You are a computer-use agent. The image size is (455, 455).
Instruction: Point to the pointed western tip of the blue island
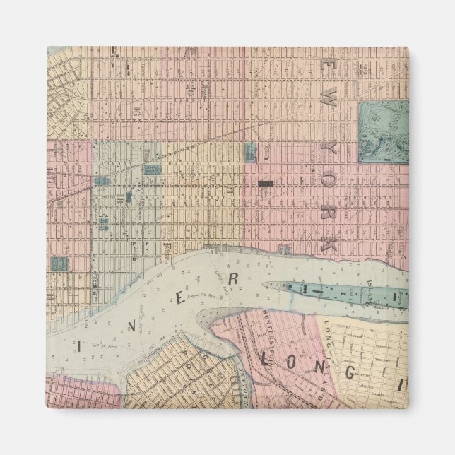pyautogui.click(x=266, y=286)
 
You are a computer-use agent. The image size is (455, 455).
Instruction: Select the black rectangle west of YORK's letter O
pyautogui.click(x=266, y=184)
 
